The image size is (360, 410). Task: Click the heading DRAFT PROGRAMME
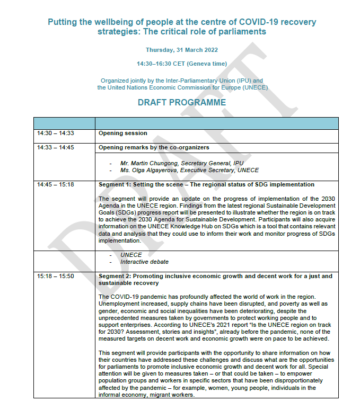pos(182,102)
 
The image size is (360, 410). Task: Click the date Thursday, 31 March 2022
pos(182,50)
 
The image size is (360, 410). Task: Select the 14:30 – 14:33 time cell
pos(56,133)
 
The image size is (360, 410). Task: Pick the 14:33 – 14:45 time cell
pos(56,147)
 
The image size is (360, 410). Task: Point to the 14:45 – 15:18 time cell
pos(56,184)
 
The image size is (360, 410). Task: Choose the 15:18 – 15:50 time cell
pos(56,277)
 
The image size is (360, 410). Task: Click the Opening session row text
pos(122,133)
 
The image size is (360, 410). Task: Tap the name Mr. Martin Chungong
pos(149,163)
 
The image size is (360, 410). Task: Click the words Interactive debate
pos(144,262)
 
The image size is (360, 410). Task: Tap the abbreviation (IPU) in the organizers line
pos(238,81)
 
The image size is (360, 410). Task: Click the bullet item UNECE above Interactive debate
pos(131,255)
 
